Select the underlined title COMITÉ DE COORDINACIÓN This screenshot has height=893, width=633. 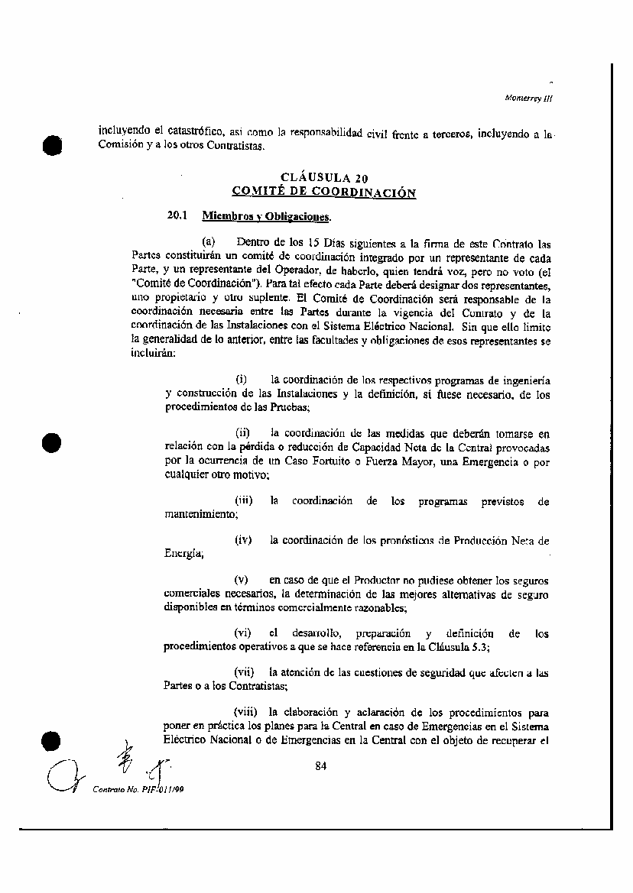[x=324, y=193]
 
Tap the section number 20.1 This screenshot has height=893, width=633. [x=177, y=216]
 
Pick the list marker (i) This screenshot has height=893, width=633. [x=241, y=380]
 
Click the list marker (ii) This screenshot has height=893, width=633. [x=242, y=433]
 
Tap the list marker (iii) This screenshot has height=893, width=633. [x=244, y=501]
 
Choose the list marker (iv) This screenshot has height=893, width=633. [x=244, y=541]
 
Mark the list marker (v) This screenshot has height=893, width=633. [x=242, y=581]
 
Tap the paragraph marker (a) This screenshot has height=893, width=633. [x=208, y=243]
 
